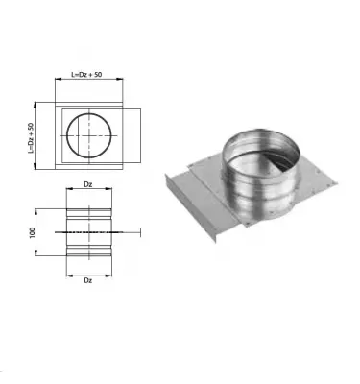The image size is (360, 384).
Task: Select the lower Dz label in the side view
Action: point(88,281)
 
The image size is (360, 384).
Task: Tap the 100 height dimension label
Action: point(33,231)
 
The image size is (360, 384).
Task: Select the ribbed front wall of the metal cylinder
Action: point(252,197)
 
